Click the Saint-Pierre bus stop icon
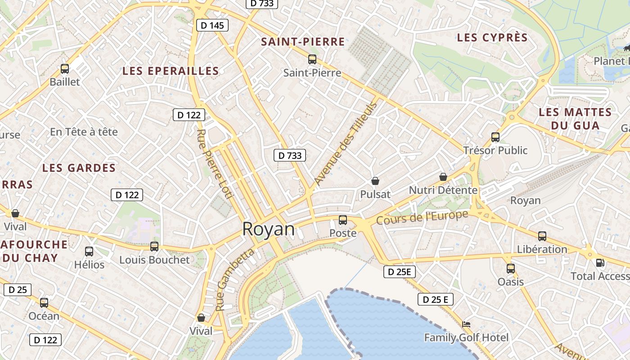pos(312,59)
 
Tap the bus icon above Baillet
pos(65,69)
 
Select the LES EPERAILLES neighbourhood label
pos(171,71)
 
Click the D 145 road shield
pos(212,26)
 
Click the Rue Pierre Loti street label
pos(215,164)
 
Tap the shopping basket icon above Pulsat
pos(375,181)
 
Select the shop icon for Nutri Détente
pos(443,177)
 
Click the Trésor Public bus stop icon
pos(495,137)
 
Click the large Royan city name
pos(268,229)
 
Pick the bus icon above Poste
pos(343,220)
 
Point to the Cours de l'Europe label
pos(422,218)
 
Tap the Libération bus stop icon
pos(542,236)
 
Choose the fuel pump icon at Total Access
pos(600,263)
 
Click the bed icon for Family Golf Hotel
pos(467,324)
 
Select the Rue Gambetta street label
pos(235,280)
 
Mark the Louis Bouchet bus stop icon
pos(154,247)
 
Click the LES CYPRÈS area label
pos(492,38)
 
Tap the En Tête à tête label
pos(84,132)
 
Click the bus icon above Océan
pos(44,303)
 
